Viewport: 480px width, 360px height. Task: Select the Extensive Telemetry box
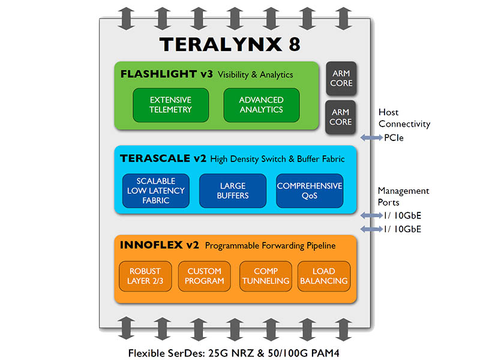click(x=170, y=104)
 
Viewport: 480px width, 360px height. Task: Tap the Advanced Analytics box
click(x=261, y=104)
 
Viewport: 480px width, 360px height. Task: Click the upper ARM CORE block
click(x=341, y=78)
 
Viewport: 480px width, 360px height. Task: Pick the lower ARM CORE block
click(x=341, y=116)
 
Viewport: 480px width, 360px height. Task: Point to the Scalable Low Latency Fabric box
click(x=156, y=190)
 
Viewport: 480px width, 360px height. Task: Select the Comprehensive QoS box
click(x=310, y=190)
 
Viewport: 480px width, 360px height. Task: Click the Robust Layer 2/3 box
click(x=146, y=275)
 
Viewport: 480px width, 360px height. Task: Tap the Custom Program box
click(x=204, y=275)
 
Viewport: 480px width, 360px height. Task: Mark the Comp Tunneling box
click(x=265, y=275)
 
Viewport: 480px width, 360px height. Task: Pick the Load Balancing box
click(x=324, y=275)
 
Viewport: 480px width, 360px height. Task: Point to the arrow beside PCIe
click(x=371, y=138)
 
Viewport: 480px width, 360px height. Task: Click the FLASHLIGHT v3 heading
click(x=167, y=74)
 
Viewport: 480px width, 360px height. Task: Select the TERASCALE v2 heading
click(x=164, y=159)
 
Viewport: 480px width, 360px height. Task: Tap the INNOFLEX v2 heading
click(x=160, y=245)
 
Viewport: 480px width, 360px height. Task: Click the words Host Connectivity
click(x=404, y=118)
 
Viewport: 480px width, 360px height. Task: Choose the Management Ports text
click(x=403, y=196)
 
